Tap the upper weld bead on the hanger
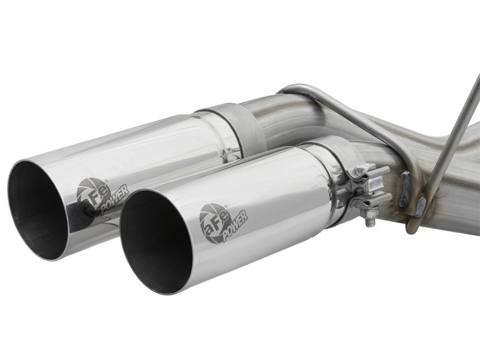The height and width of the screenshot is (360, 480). click(406, 180)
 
